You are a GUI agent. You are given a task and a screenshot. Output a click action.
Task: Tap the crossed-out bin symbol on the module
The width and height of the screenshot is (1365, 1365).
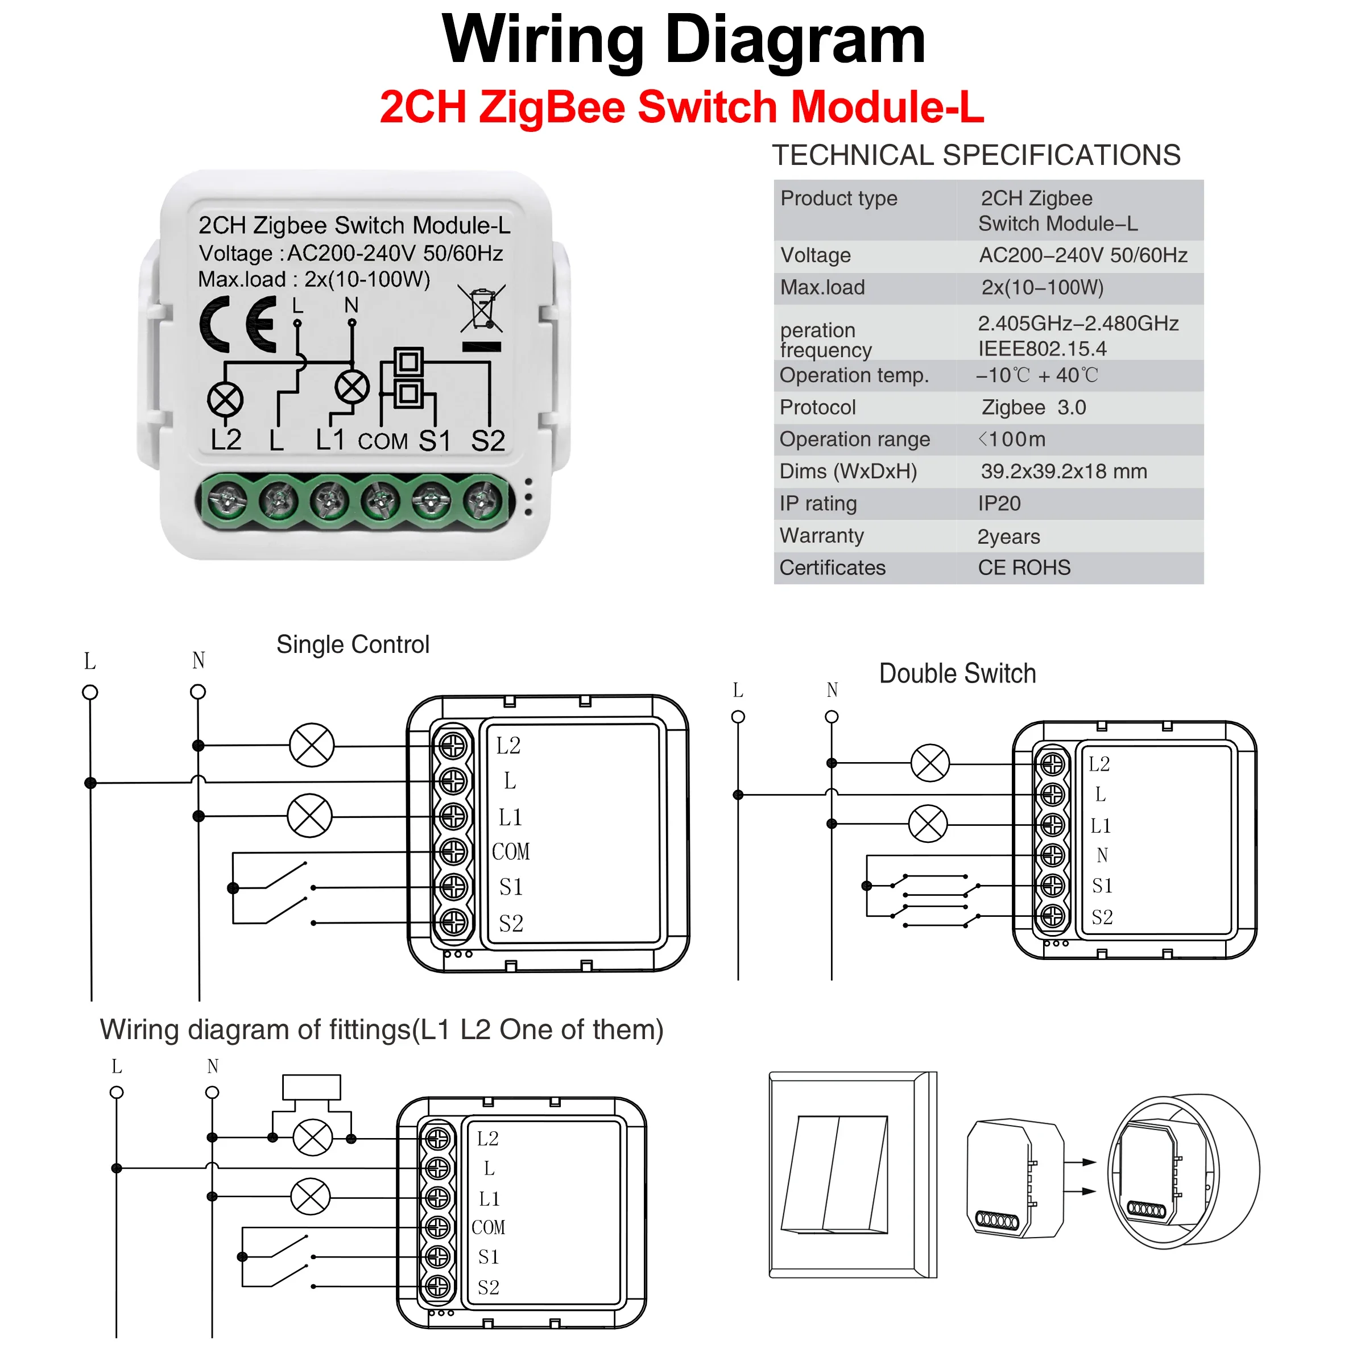point(482,309)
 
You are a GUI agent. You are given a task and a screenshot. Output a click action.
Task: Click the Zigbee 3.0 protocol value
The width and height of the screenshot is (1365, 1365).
point(1033,407)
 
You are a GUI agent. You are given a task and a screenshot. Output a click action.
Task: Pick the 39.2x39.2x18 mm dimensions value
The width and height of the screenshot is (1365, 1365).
point(1064,471)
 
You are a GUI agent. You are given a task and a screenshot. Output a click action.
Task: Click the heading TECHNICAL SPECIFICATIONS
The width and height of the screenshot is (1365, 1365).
point(976,155)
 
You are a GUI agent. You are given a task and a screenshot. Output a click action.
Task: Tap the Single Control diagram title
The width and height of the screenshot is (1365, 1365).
point(353,644)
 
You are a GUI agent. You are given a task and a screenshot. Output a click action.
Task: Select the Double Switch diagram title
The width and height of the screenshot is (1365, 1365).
point(957,673)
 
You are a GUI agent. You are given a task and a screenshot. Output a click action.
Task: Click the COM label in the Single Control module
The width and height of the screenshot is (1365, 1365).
point(510,851)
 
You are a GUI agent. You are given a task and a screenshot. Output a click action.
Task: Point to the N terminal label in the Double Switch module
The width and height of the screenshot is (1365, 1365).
point(1102,855)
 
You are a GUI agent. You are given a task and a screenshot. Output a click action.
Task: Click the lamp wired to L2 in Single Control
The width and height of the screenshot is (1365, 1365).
point(312,746)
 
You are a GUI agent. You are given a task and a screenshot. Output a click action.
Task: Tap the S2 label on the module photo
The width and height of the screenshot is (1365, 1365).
point(487,440)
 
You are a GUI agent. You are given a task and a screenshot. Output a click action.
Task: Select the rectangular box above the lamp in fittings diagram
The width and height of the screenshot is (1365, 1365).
point(312,1087)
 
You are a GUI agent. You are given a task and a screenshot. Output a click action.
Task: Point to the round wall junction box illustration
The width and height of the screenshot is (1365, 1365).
point(1184,1170)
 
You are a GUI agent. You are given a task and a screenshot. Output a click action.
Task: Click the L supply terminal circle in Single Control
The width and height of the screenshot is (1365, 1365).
point(90,692)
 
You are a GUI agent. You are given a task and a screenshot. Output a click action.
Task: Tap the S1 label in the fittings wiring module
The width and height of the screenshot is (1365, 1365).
point(488,1257)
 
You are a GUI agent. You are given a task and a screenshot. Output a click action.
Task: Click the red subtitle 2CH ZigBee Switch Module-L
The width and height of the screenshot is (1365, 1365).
point(682,107)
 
